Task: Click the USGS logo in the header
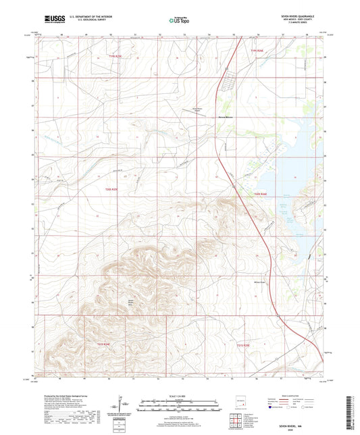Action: pos(51,20)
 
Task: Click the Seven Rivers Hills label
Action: pos(126,302)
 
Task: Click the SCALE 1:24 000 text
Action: pos(180,395)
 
